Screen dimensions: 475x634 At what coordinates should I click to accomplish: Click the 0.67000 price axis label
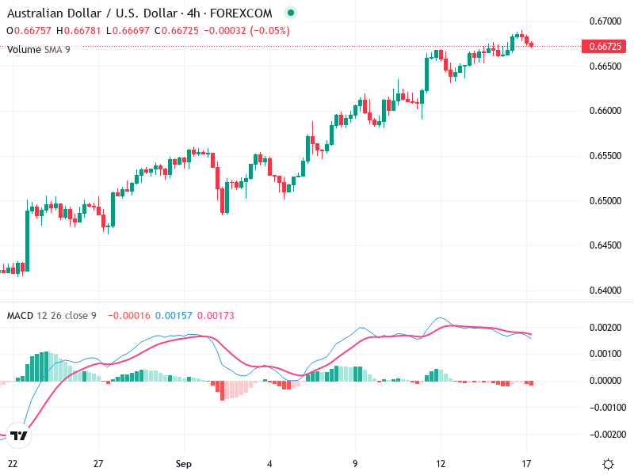pyautogui.click(x=605, y=21)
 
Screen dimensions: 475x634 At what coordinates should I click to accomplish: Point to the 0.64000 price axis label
pyautogui.click(x=605, y=290)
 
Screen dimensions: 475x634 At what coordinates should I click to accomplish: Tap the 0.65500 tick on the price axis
pyautogui.click(x=605, y=155)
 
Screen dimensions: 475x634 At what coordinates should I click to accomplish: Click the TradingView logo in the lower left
pyautogui.click(x=19, y=435)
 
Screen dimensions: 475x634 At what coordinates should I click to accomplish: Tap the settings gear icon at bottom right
pyautogui.click(x=608, y=464)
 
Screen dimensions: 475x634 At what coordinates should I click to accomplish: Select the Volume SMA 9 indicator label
pyautogui.click(x=39, y=49)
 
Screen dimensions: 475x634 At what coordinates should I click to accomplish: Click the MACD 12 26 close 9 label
pyautogui.click(x=52, y=316)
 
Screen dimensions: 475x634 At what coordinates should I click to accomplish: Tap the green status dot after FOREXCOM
pyautogui.click(x=290, y=13)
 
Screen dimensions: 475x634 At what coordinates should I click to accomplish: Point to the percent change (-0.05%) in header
pyautogui.click(x=269, y=31)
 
